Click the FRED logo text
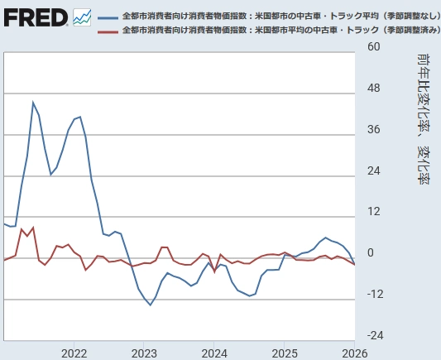coord(35,17)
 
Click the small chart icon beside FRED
coord(83,17)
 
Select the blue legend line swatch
coord(108,17)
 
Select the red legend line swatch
coord(108,31)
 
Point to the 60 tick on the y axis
coord(372,47)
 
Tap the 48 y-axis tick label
coord(372,89)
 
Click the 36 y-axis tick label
coord(372,129)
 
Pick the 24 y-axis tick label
coord(372,170)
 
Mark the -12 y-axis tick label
coord(372,295)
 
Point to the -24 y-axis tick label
coord(372,335)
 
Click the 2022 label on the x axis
coord(74,352)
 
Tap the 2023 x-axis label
coord(144,352)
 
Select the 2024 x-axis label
coord(214,352)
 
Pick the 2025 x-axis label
coord(285,352)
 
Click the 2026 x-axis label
coord(354,352)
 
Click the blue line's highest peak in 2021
coord(33,103)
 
